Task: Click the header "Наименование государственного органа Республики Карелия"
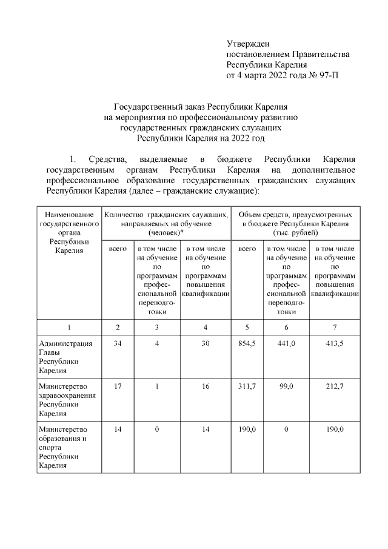tap(69, 232)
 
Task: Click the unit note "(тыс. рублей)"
tap(296, 232)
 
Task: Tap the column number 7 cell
tap(334, 328)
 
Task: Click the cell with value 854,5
tap(247, 344)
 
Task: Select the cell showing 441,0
tap(286, 344)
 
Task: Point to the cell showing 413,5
tap(334, 344)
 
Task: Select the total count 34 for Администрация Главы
tap(118, 344)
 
